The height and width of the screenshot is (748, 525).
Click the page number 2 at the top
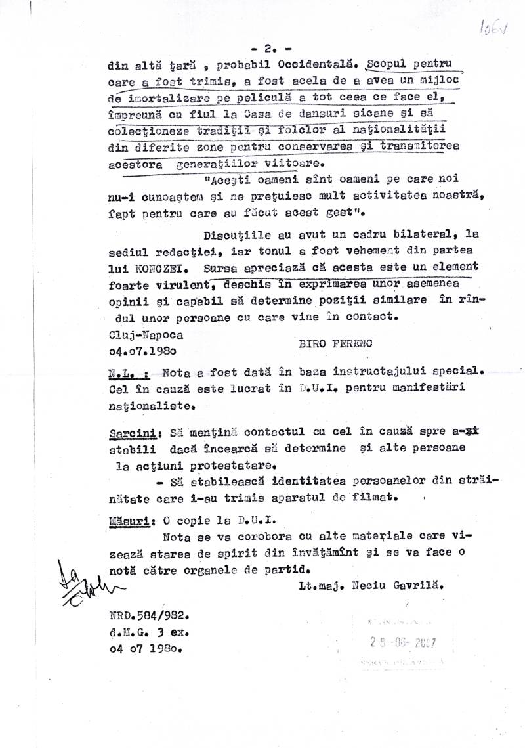268,49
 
